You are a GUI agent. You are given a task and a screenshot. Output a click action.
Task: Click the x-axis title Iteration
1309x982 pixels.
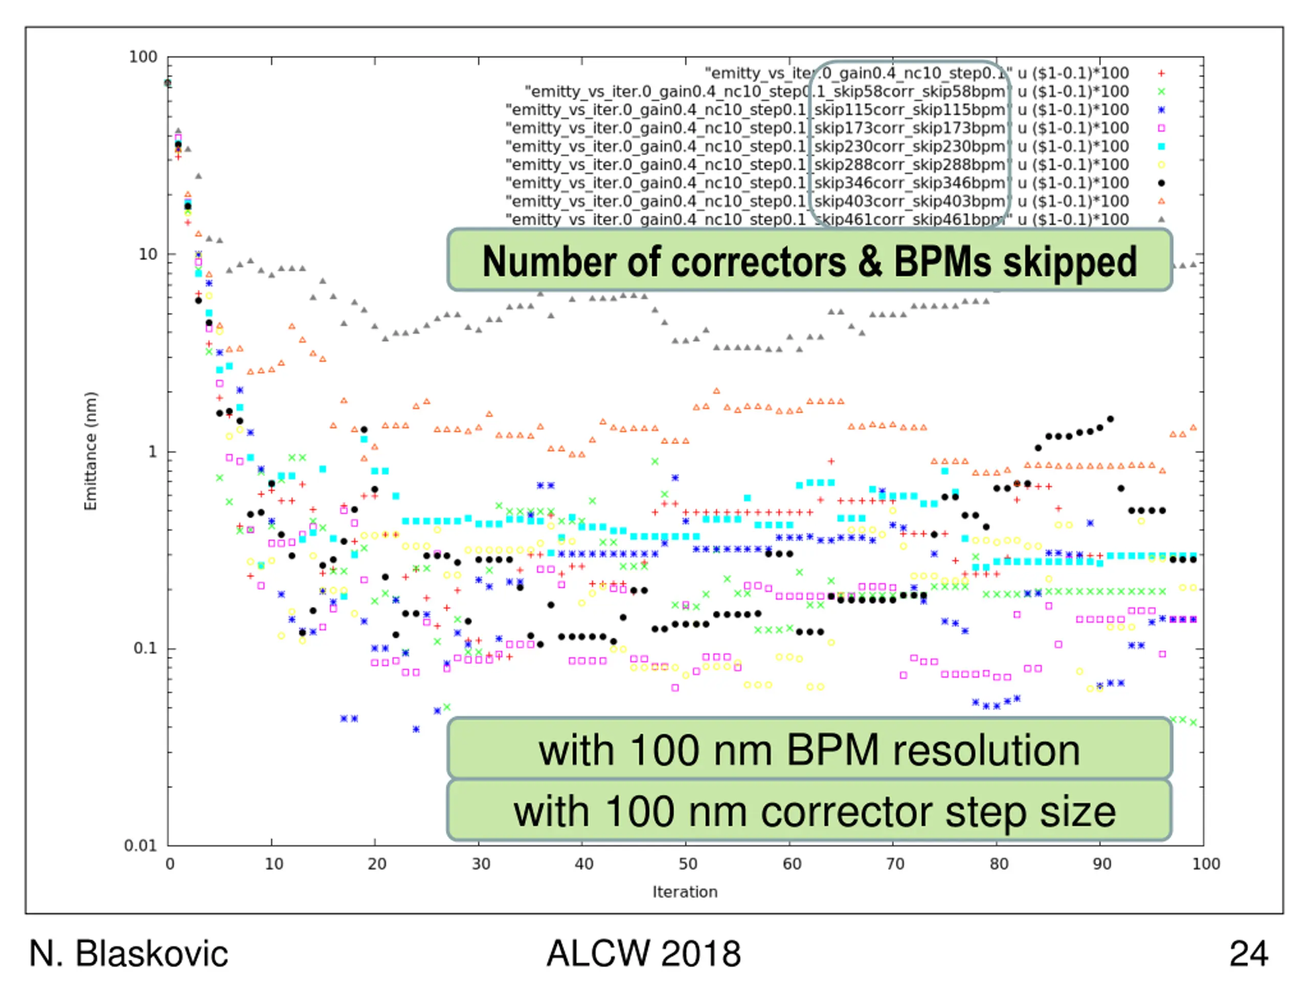(685, 891)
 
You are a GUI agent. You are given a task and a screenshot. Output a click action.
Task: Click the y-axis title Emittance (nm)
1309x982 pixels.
(90, 451)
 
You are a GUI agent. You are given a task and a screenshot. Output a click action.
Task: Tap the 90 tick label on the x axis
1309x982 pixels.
(1102, 864)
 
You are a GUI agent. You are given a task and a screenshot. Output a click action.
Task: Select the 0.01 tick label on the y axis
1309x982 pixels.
(140, 845)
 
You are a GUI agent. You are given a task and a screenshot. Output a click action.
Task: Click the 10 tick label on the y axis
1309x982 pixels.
(148, 255)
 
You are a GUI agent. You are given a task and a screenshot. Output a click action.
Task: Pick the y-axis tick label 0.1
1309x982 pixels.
(145, 648)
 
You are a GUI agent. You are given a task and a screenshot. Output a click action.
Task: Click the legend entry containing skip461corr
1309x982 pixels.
(817, 219)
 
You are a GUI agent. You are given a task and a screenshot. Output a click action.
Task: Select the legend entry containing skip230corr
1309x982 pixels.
(817, 146)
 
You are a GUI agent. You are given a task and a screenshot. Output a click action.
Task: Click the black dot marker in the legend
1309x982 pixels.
(1161, 183)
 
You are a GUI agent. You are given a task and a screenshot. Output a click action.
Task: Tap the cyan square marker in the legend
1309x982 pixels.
(1161, 146)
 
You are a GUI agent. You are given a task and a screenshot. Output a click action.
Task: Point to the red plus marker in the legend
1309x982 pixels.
(1161, 74)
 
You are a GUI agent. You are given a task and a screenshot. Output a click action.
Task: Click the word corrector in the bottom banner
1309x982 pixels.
(846, 812)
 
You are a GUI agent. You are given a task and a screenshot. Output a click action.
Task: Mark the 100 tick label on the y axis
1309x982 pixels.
(143, 57)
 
